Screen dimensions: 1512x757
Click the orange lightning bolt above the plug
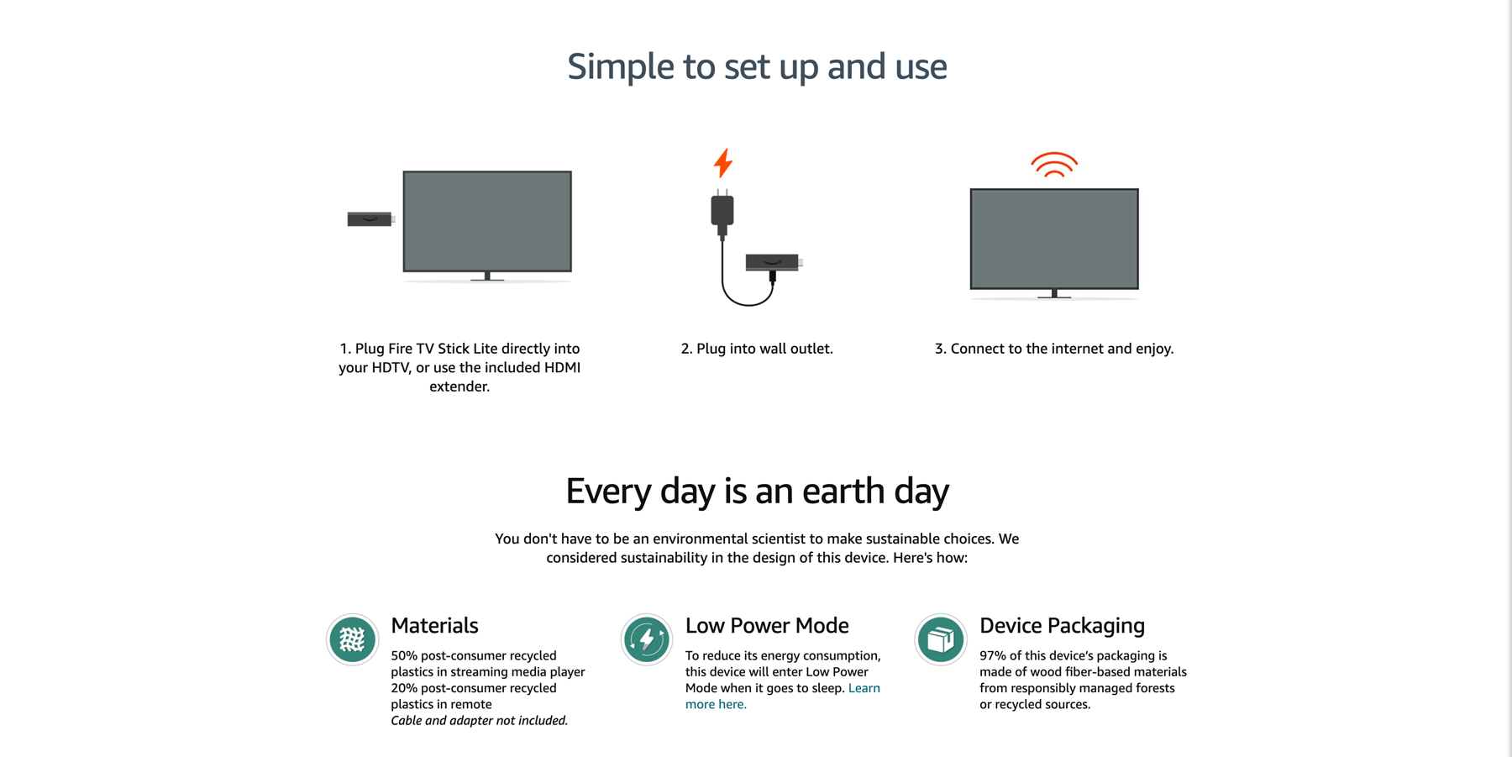point(723,163)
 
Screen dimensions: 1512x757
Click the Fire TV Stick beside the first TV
point(370,219)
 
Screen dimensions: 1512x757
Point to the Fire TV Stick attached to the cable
point(774,263)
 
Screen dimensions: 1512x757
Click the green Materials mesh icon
point(352,639)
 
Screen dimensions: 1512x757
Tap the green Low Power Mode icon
point(647,639)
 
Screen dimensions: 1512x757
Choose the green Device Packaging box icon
point(941,639)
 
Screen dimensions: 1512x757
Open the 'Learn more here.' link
point(783,696)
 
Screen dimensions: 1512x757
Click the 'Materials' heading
point(434,626)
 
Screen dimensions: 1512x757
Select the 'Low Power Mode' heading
point(767,626)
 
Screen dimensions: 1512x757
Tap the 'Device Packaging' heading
point(1062,626)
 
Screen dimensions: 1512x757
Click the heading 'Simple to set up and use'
point(757,66)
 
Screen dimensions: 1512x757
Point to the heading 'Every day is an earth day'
point(757,491)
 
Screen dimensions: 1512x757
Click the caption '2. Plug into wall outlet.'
point(757,349)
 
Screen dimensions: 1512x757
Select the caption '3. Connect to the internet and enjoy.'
point(1054,349)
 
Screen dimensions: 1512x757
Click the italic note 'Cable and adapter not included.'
point(479,720)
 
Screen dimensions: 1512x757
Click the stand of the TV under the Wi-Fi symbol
point(1054,294)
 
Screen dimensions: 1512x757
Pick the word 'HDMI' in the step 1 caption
point(562,367)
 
